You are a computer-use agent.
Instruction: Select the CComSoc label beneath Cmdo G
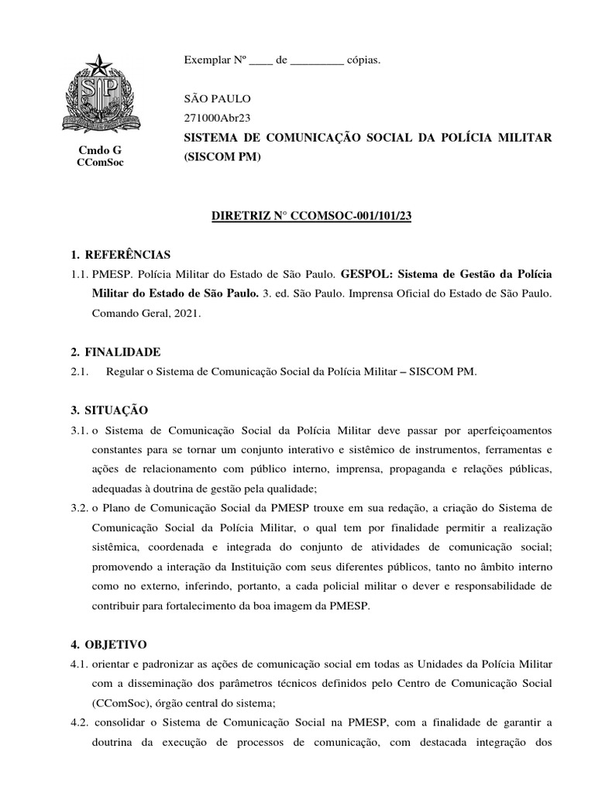point(100,162)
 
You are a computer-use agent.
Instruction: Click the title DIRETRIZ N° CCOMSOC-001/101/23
point(311,216)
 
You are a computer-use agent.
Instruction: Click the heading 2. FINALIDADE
point(115,352)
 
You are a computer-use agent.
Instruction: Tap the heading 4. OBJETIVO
point(108,644)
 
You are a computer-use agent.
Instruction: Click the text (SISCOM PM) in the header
point(223,157)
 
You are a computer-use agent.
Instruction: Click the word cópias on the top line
point(363,60)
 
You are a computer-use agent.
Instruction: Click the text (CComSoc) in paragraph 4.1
point(118,702)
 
